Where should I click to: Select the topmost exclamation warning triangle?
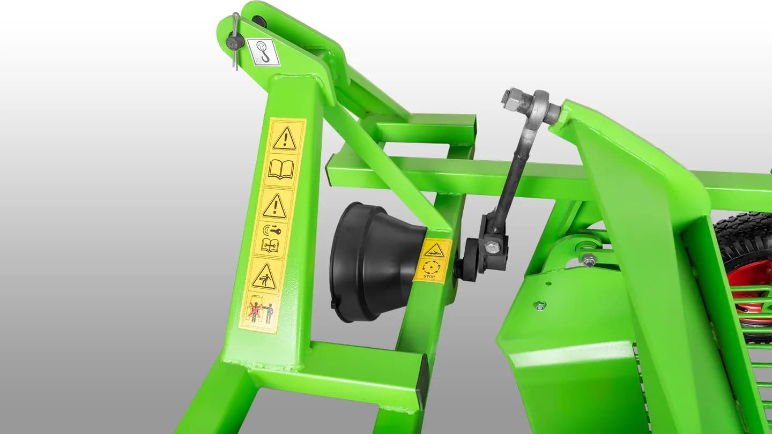(x=285, y=138)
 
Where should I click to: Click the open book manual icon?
(x=281, y=169)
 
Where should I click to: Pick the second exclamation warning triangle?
(x=274, y=206)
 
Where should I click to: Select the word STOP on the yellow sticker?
(x=429, y=276)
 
